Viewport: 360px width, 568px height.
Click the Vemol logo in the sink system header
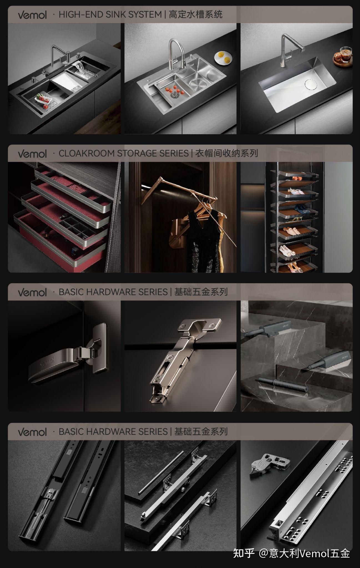(32, 15)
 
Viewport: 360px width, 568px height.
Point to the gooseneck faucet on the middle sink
(177, 54)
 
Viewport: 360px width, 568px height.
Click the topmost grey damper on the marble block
(266, 328)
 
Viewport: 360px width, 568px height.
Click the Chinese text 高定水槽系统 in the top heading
(196, 14)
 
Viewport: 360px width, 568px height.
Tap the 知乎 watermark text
(244, 553)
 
